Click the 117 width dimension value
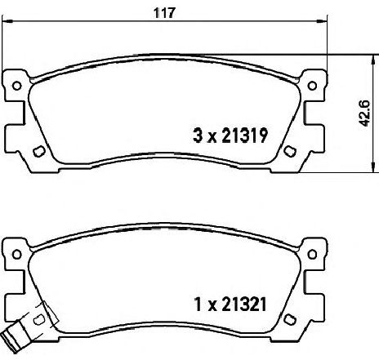pyautogui.click(x=164, y=12)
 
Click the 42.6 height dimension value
pyautogui.click(x=364, y=113)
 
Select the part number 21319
pyautogui.click(x=245, y=136)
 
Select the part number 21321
pyautogui.click(x=243, y=304)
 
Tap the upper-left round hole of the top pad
pyautogui.click(x=17, y=86)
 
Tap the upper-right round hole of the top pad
pyautogui.click(x=312, y=86)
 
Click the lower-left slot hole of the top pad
pyautogui.click(x=38, y=151)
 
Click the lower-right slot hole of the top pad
pyautogui.click(x=290, y=151)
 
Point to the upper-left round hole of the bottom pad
pyautogui.click(x=17, y=255)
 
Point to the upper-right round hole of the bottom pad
pyautogui.click(x=312, y=255)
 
